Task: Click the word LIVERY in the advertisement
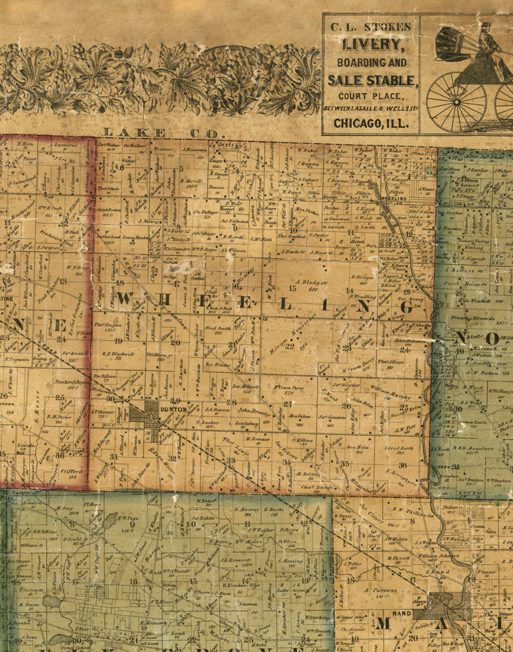pos(370,44)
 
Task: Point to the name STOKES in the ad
pos(390,27)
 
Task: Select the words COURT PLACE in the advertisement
pos(370,96)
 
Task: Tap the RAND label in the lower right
pos(402,612)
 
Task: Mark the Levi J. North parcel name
pos(399,449)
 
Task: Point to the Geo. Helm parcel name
pos(358,448)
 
